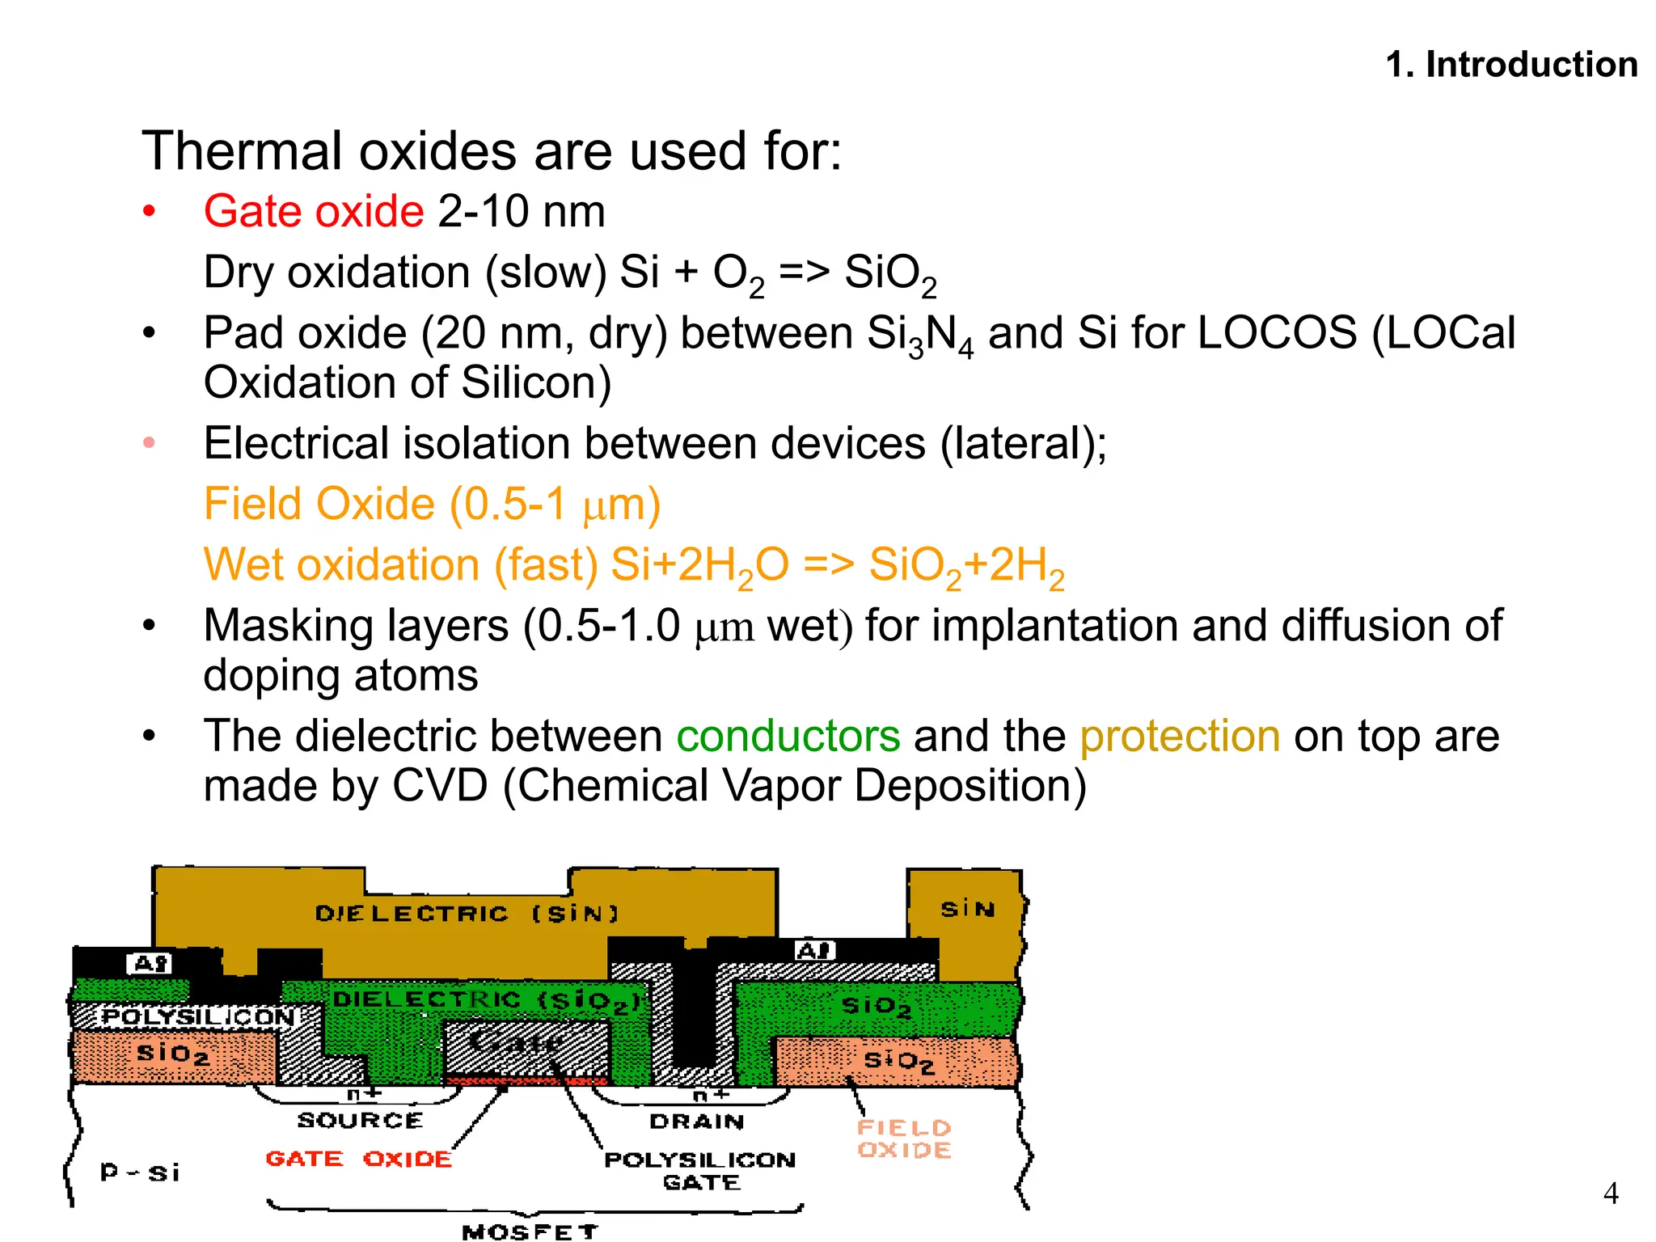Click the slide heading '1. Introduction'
click(x=1510, y=65)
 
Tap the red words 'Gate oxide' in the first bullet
click(x=314, y=212)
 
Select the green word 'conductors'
click(x=788, y=737)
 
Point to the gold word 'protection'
click(x=1180, y=737)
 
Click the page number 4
click(x=1610, y=1193)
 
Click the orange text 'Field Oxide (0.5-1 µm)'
click(x=432, y=505)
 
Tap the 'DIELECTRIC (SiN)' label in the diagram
click(x=467, y=914)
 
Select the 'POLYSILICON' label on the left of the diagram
click(x=197, y=1016)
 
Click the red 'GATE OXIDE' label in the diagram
click(x=358, y=1159)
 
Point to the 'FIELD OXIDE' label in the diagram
click(x=904, y=1138)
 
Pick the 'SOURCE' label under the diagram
click(x=360, y=1120)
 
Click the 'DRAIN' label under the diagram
click(x=696, y=1122)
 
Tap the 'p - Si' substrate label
click(x=139, y=1172)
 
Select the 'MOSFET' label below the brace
click(x=530, y=1231)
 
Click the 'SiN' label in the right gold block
click(x=967, y=910)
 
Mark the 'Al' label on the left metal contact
click(x=150, y=964)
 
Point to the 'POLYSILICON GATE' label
click(x=700, y=1171)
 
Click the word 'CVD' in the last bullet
click(x=441, y=786)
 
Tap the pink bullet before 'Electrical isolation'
click(x=149, y=442)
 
